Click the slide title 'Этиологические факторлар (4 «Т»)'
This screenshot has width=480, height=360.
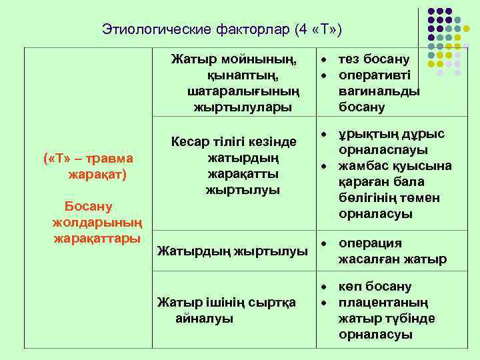(221, 29)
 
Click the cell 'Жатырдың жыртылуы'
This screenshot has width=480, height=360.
(232, 251)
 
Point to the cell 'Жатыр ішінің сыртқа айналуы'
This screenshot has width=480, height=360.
(226, 310)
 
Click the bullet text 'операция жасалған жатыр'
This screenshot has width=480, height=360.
(392, 251)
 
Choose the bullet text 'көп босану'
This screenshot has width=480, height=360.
(375, 287)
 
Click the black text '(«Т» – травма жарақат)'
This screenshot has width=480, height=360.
(89, 167)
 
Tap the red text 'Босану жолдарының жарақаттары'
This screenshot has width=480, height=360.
(97, 222)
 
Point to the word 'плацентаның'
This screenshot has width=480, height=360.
(383, 303)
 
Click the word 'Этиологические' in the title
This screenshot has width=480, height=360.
(157, 29)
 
